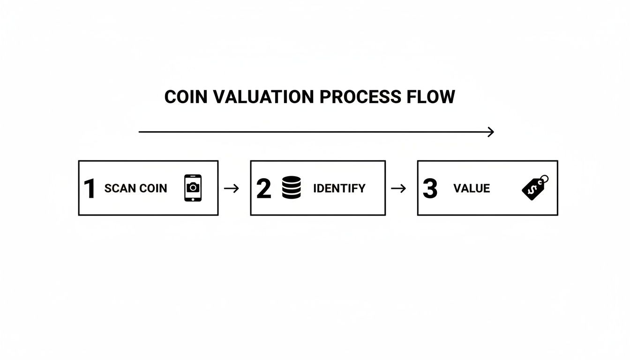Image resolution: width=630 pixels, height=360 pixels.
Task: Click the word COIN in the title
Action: point(186,97)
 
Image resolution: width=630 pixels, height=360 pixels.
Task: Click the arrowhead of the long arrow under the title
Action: point(491,132)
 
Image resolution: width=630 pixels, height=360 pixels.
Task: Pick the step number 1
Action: point(89,188)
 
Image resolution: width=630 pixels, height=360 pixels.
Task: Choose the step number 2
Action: point(264,188)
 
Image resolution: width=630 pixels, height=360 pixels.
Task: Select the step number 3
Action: point(430,188)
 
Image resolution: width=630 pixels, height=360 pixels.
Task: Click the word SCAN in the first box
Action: point(119,188)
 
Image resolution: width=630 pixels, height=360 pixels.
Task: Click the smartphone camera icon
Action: point(193,188)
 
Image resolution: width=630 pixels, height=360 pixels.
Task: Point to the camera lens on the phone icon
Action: point(193,187)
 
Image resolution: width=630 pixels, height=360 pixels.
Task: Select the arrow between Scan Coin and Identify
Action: point(232,188)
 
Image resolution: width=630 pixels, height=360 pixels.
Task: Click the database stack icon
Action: point(292,188)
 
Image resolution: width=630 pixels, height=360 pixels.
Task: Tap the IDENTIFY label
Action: point(339,188)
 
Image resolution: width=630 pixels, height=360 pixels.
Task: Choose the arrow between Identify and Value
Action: point(398,188)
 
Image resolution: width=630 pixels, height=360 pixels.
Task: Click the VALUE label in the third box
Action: point(472,188)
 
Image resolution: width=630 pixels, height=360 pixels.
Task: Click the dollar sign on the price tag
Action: point(532,189)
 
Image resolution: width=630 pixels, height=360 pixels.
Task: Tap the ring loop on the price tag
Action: point(544,179)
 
